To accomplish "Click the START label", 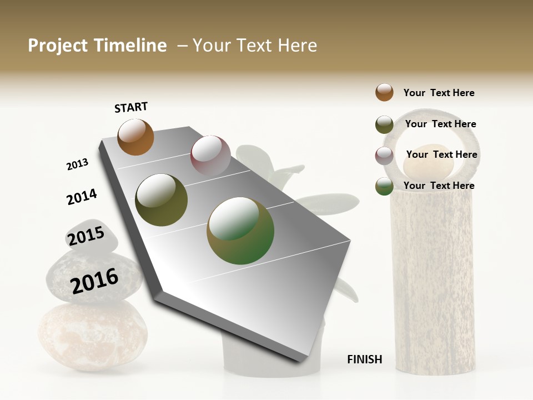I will click(131, 107).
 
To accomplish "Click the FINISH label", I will click(364, 359).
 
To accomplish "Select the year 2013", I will click(77, 164).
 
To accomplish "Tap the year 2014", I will click(82, 197).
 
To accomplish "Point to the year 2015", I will click(86, 236).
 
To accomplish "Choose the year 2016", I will click(94, 281).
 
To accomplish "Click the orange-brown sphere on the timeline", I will click(135, 137).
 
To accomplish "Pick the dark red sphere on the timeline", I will click(210, 156).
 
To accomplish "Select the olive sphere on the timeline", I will click(162, 200).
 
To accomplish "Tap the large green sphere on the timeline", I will click(240, 231).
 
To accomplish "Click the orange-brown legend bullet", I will click(384, 92).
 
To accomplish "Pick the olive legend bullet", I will click(384, 124).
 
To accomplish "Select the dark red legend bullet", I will click(384, 156).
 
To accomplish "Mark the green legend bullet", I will click(384, 186).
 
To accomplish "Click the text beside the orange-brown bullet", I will click(439, 93).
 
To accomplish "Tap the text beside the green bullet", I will click(439, 186).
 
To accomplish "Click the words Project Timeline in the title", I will click(97, 46).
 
